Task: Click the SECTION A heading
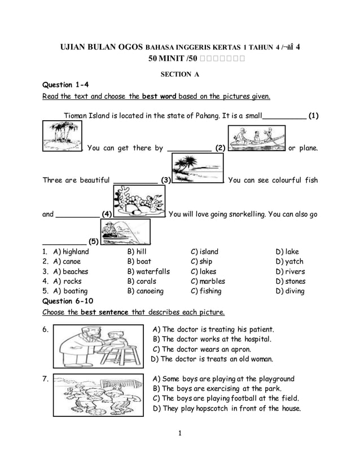(x=180, y=74)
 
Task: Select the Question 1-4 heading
(x=66, y=85)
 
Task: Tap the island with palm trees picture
(x=62, y=137)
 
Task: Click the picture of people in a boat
(x=256, y=138)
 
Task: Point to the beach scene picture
(x=197, y=169)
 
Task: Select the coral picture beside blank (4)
(x=138, y=202)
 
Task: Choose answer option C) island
(x=205, y=252)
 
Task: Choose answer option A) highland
(x=71, y=252)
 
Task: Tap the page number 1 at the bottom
(x=179, y=434)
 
